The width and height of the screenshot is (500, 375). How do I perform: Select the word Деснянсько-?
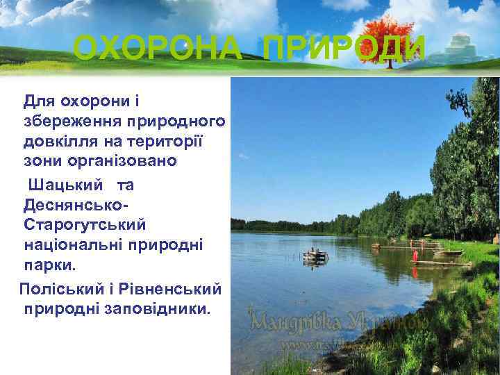click(x=76, y=206)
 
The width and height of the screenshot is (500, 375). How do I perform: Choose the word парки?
click(x=53, y=267)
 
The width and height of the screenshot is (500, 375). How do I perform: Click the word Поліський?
click(x=61, y=287)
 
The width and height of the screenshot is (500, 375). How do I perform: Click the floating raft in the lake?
click(x=315, y=257)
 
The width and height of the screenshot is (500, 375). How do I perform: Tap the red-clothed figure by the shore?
click(x=415, y=255)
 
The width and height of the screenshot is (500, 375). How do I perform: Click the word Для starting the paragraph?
click(x=39, y=101)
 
